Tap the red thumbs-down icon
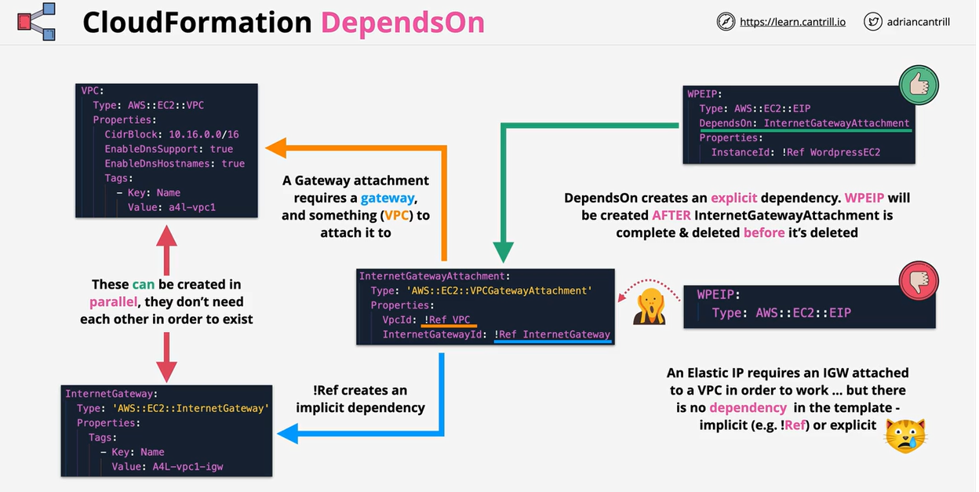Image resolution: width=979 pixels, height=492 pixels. click(x=919, y=282)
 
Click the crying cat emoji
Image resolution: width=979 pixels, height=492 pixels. click(x=905, y=436)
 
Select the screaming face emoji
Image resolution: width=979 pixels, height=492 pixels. click(x=650, y=306)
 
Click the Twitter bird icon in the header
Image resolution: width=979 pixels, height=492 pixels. click(x=872, y=22)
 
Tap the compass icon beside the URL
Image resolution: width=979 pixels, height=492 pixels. click(x=726, y=22)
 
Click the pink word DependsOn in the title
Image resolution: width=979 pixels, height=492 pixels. click(x=403, y=23)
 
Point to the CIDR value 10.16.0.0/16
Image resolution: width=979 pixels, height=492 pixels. click(x=205, y=134)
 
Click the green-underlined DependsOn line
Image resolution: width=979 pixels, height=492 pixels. click(x=804, y=123)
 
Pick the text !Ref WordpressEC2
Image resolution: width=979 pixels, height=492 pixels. click(x=829, y=152)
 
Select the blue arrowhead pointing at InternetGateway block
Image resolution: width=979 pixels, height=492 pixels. click(x=287, y=432)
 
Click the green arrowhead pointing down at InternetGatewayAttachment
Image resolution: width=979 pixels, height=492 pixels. click(x=502, y=253)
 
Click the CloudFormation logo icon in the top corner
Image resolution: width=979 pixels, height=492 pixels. click(x=36, y=23)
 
